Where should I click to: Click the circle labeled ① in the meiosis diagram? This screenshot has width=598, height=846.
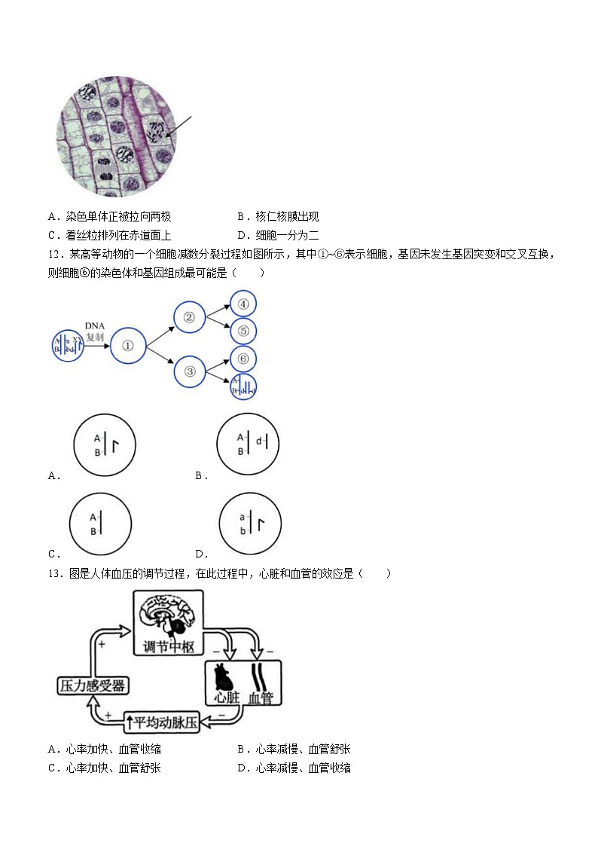pos(127,347)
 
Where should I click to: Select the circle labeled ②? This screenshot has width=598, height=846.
pos(190,317)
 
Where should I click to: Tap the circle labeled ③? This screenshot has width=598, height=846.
pos(190,371)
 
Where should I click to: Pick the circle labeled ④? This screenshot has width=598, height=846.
pos(243,305)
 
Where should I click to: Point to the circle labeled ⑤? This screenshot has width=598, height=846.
pos(243,331)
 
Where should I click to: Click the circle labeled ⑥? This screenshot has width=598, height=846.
pos(243,359)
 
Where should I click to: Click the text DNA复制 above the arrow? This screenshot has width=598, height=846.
pos(94,331)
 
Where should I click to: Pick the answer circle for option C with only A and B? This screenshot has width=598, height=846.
pos(100,524)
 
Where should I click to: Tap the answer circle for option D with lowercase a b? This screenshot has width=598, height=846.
pos(248,524)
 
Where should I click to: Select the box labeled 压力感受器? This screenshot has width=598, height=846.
pos(92,686)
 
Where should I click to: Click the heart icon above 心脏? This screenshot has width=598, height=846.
pos(225,676)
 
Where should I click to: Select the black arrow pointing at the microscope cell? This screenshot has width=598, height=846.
pos(179,127)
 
